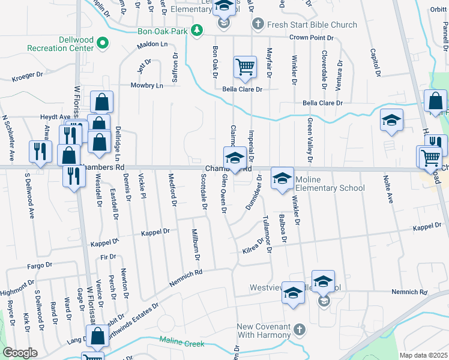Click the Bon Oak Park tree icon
[x=196, y=30]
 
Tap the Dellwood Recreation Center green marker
[x=103, y=43]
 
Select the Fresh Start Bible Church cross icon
[x=258, y=25]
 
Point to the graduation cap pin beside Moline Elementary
[x=282, y=178]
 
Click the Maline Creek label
[x=182, y=343]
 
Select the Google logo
[x=19, y=353]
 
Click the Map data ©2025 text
[x=423, y=355]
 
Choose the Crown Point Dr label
[x=311, y=37]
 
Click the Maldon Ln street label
[x=152, y=44]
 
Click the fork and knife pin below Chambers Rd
[x=74, y=177]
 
